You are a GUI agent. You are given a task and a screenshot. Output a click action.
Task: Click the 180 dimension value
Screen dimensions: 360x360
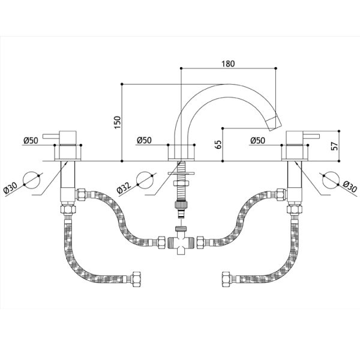point(228,64)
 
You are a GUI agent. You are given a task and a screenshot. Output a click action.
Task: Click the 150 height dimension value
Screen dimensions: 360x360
point(118,122)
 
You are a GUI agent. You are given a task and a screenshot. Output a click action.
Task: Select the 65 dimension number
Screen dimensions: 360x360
point(219,145)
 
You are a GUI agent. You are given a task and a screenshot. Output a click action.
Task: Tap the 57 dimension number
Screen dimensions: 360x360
point(335,146)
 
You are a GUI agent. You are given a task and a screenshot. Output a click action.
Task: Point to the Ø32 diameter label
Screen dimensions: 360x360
point(124,188)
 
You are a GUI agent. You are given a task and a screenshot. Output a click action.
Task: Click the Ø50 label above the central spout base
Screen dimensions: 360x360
point(144,140)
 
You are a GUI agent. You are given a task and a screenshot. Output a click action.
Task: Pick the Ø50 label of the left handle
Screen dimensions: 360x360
point(31,140)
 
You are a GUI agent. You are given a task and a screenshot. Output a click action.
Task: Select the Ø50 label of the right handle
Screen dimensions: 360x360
point(257,140)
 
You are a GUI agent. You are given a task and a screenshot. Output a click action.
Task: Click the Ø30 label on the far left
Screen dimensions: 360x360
point(11,188)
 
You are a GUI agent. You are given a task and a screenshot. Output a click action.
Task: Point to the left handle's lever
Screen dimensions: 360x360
point(51,136)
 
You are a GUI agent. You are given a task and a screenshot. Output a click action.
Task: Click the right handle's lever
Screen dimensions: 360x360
point(311,136)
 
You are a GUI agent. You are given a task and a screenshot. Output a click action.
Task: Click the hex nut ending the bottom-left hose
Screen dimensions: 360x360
point(136,279)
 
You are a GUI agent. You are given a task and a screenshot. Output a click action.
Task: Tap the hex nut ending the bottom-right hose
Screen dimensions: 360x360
point(226,279)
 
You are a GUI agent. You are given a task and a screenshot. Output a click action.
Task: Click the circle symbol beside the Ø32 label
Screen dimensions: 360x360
point(145,180)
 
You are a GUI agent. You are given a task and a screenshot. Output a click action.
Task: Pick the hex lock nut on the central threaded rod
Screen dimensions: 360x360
point(181,183)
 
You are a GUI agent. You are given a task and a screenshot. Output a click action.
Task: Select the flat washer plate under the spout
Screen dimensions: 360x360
point(181,173)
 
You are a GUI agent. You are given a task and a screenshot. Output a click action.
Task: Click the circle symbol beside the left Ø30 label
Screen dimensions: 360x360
point(32,180)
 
